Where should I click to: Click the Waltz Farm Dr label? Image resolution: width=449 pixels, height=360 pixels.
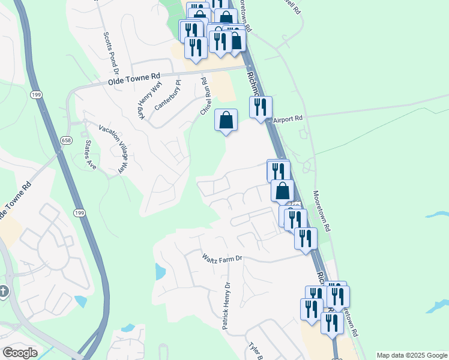(x=221, y=258)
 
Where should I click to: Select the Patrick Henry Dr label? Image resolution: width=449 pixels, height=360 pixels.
(x=226, y=306)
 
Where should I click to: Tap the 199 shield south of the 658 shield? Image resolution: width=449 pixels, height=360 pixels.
(x=79, y=213)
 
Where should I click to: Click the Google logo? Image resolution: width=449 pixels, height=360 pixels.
(x=20, y=352)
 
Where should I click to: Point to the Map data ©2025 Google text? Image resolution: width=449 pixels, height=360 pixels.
(x=412, y=355)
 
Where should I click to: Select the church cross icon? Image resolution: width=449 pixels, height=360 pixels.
(x=4, y=292)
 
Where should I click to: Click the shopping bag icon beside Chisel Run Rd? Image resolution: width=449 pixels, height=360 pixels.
(x=226, y=120)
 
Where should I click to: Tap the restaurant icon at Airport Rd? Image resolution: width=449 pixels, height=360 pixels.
(x=261, y=107)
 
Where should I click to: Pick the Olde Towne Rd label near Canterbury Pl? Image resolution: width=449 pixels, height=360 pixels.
(x=134, y=78)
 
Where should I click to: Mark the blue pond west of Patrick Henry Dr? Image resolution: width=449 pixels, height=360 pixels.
(x=160, y=272)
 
